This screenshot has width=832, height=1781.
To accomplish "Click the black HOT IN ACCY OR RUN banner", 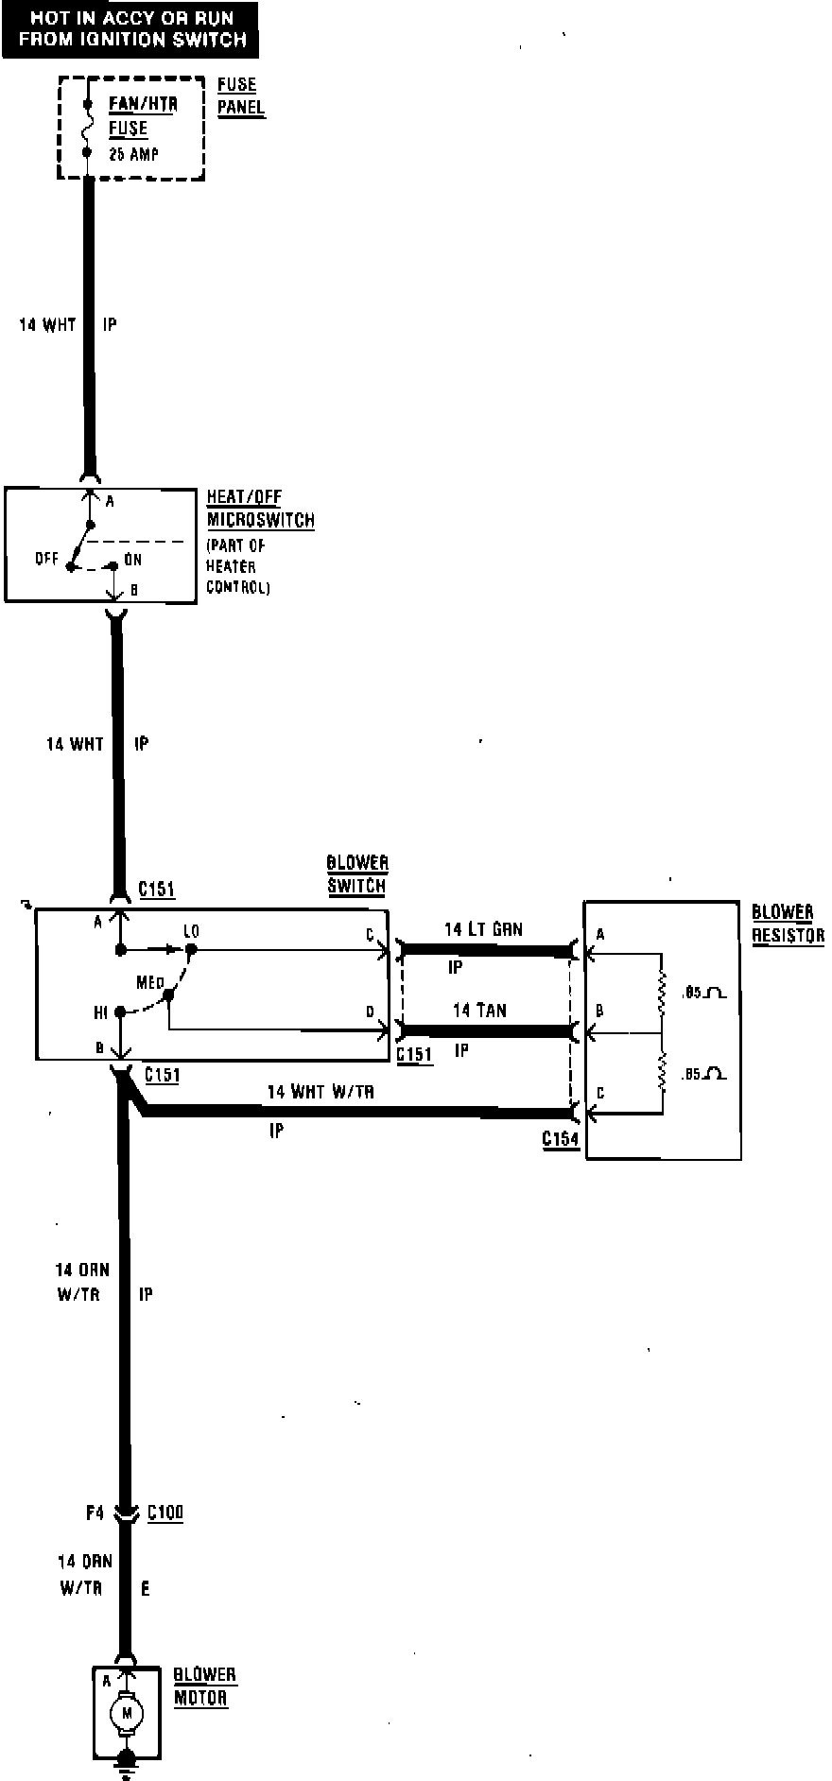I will [131, 28].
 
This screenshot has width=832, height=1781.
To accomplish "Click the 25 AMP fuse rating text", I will [134, 153].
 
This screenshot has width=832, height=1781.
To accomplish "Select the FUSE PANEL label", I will [240, 95].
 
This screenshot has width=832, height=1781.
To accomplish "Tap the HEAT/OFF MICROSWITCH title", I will [259, 509].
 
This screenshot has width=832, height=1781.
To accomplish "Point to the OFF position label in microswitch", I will [46, 559].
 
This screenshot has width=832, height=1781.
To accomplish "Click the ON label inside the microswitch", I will [132, 560].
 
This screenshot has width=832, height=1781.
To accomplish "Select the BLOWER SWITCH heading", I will [356, 874].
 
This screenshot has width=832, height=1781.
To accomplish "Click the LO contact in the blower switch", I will [191, 932].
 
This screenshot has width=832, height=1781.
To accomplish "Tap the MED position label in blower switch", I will [149, 983].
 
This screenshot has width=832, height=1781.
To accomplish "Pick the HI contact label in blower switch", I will [101, 1012].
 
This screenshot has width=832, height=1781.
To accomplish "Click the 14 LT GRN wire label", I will [483, 929].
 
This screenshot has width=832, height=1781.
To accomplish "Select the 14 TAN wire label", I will [479, 1011].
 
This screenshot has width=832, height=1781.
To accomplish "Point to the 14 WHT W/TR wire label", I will [321, 1092].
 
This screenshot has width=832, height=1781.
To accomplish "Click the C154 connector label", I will [560, 1138].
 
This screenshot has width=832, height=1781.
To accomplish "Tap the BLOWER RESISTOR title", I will [787, 924].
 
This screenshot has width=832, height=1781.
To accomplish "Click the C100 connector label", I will [165, 1513].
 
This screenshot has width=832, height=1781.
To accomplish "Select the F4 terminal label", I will [95, 1513].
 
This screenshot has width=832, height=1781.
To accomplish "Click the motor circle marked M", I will [125, 1712].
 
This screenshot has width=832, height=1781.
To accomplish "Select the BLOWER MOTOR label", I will [204, 1686].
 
